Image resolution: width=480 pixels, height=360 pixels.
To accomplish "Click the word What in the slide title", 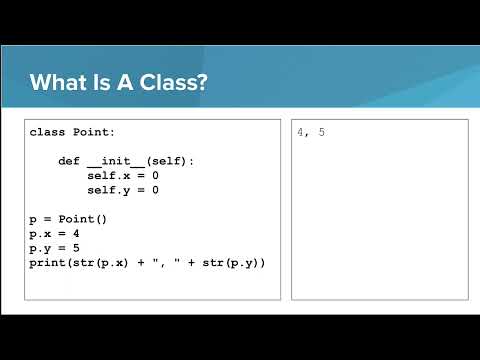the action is (59, 82).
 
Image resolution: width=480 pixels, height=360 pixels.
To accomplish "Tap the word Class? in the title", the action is (173, 82).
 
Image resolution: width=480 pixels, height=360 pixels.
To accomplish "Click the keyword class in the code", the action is (47, 132).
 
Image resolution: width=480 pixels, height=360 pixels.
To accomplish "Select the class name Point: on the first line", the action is (94, 132).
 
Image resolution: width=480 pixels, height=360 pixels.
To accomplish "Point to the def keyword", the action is (69, 161).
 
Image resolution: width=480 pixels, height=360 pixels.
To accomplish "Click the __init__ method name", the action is (116, 161).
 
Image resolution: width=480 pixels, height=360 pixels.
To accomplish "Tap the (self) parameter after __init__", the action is (166, 161).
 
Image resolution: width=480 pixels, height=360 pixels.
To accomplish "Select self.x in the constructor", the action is (109, 176).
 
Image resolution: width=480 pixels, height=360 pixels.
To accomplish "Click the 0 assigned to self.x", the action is (155, 176).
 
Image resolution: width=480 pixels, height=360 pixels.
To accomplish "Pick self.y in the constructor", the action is (109, 191).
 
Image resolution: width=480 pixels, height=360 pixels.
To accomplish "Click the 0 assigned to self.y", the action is (155, 190).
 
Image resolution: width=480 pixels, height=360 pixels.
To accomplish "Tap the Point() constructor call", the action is (83, 219).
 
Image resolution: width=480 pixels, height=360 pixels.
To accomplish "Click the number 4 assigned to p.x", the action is (76, 234).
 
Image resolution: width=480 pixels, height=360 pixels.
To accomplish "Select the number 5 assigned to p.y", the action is (76, 248).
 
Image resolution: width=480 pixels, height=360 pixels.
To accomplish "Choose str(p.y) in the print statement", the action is (231, 263).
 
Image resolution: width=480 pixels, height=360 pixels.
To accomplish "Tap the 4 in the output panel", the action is (301, 132).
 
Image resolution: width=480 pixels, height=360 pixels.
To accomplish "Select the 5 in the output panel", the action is (321, 132).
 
